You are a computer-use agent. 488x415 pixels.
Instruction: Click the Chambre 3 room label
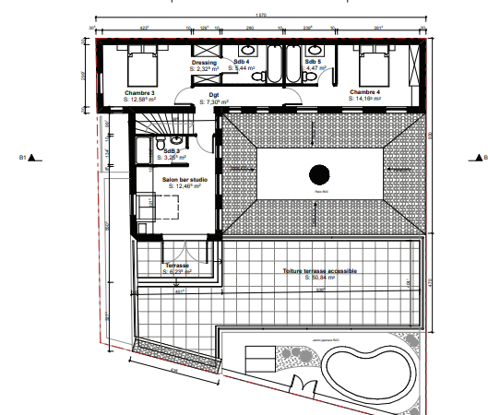point(140,92)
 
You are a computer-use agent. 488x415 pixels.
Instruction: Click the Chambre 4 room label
point(366,92)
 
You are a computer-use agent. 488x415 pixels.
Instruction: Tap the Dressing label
point(204,63)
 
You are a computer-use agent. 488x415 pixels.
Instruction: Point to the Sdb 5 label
point(313,62)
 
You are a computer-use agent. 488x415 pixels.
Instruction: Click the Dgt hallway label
point(213,93)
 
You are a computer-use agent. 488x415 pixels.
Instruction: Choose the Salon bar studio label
point(184,180)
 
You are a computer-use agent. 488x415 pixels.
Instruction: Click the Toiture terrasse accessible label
point(320,271)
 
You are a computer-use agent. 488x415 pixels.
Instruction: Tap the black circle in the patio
point(319,173)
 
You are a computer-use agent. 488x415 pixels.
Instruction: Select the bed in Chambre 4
point(374,65)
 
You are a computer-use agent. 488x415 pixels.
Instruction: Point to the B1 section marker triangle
point(31,158)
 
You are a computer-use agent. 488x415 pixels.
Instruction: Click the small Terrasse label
point(177,265)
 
